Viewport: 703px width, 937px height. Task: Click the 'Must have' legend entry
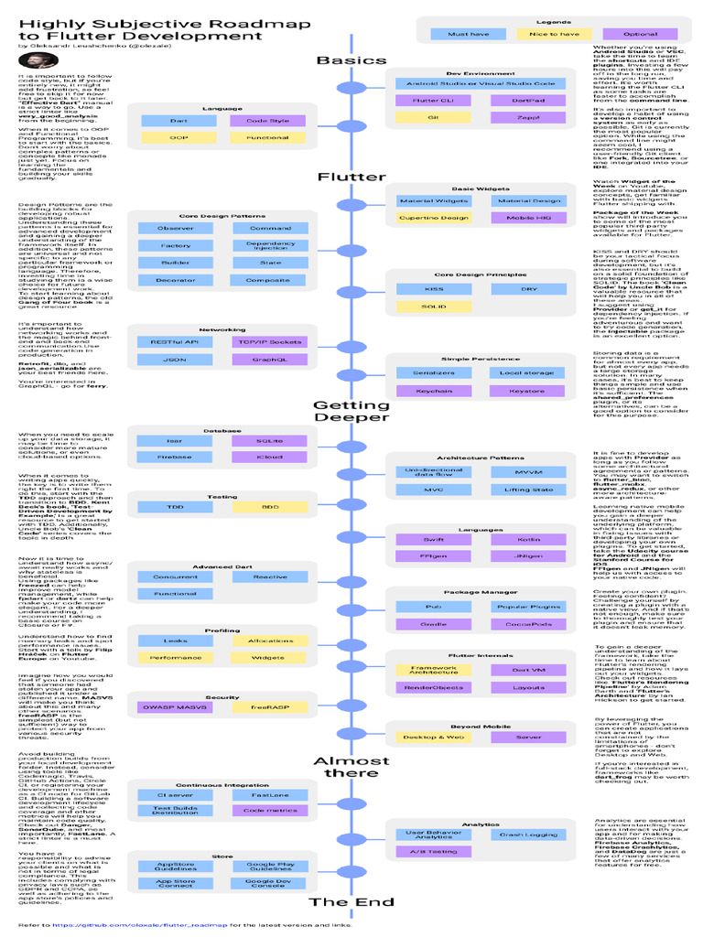tap(467, 35)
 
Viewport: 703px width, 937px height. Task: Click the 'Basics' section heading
tap(351, 60)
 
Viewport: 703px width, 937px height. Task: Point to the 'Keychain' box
tap(434, 391)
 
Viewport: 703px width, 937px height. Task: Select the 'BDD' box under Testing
tap(270, 506)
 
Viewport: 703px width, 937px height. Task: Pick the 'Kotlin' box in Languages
tap(528, 539)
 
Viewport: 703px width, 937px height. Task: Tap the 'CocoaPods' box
tap(528, 623)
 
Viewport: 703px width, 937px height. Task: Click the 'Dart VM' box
tap(528, 670)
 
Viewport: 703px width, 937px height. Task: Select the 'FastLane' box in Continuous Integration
tap(270, 795)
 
